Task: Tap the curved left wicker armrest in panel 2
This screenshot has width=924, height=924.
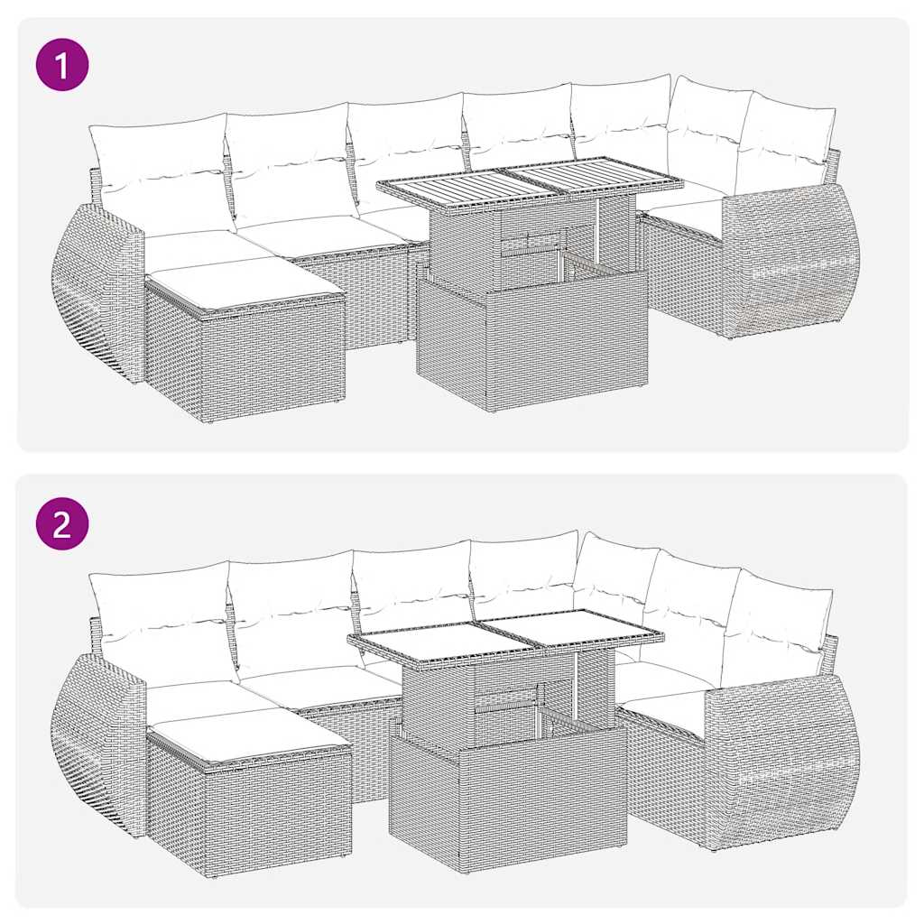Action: (x=97, y=740)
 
